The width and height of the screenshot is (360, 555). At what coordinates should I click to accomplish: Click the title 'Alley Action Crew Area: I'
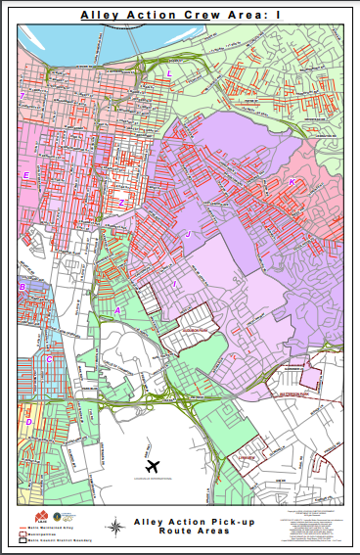(179, 16)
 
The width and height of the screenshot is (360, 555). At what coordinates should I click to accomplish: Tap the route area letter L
(168, 73)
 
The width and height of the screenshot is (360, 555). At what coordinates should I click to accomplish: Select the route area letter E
(26, 175)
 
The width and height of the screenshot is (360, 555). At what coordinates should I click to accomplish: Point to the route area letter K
(291, 182)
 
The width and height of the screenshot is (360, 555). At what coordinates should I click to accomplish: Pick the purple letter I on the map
(174, 284)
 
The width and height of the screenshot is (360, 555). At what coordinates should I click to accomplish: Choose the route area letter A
(118, 309)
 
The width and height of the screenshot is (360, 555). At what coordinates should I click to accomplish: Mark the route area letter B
(21, 287)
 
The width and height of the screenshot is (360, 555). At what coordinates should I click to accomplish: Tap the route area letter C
(49, 359)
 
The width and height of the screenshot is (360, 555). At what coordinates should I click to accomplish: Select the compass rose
(115, 525)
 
